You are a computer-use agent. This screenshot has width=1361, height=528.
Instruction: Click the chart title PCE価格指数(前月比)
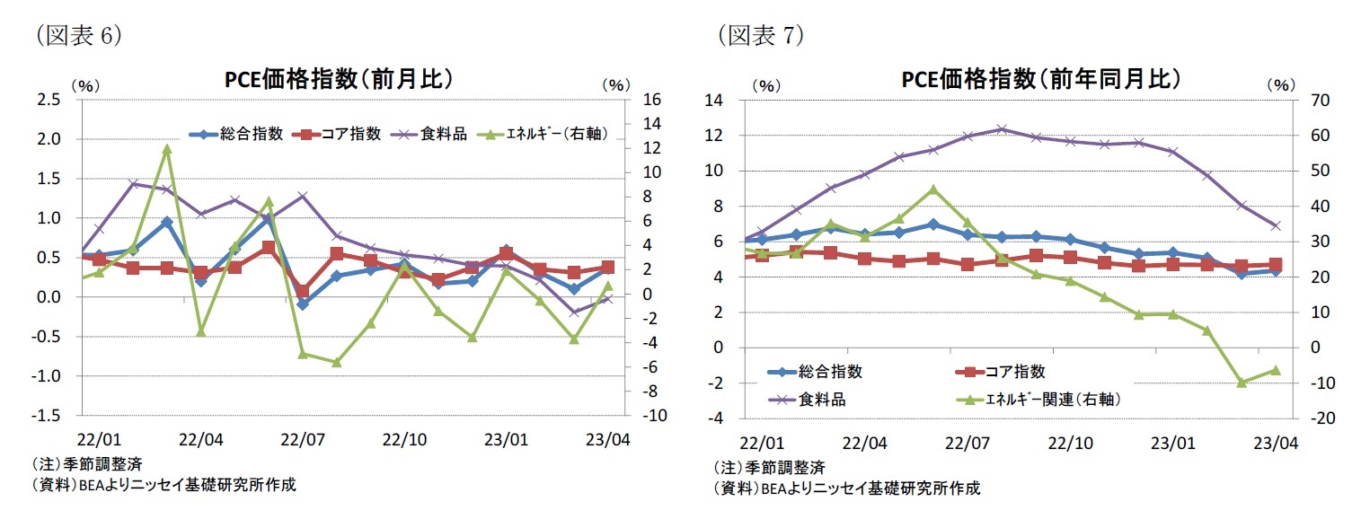338,79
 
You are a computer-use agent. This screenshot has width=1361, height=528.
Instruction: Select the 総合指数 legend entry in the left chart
237,134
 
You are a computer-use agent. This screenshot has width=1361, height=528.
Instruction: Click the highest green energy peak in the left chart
166,148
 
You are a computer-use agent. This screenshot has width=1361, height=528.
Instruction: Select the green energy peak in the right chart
933,189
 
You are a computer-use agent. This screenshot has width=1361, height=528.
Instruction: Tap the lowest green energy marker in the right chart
1242,383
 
